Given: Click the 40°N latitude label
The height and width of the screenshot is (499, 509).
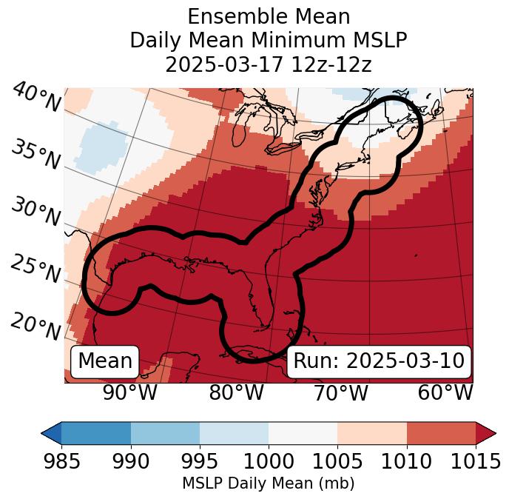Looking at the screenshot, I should (x=36, y=98).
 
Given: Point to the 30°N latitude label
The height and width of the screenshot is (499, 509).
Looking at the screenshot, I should (x=36, y=212).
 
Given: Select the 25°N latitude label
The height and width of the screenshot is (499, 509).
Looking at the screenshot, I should (x=36, y=269).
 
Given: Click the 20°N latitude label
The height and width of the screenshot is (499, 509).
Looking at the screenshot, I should (x=36, y=326).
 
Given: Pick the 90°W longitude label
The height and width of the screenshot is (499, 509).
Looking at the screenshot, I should (x=129, y=392).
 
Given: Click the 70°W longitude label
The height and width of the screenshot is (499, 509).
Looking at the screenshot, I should (x=340, y=392).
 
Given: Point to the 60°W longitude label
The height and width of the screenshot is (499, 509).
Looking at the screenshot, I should (x=445, y=392).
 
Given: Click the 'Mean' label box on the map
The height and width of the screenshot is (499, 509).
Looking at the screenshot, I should (x=105, y=361).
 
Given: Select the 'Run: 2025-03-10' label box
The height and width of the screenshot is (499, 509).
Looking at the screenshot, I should (x=379, y=361).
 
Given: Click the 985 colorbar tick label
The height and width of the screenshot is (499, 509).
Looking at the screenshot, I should (x=61, y=462).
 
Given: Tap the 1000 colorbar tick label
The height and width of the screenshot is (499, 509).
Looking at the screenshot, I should (x=269, y=462).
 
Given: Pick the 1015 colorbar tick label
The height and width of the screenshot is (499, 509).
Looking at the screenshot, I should (x=476, y=462).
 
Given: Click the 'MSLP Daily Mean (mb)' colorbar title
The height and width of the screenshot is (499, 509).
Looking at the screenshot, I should (x=269, y=484).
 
